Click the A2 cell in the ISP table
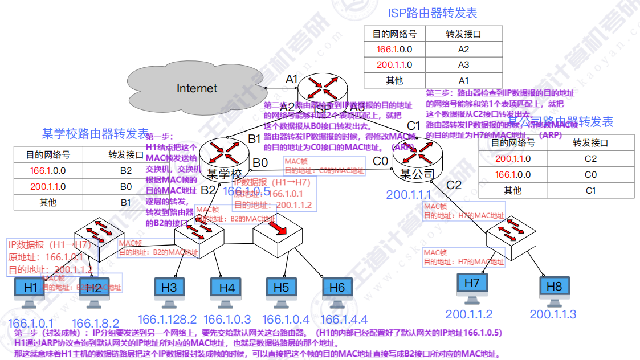coord(463,49)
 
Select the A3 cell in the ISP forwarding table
coord(463,65)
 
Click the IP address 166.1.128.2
coord(168,320)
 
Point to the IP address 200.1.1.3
coord(553,314)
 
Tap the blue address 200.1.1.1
coord(409,195)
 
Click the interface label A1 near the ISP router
coord(292,79)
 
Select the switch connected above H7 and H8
coord(509,235)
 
